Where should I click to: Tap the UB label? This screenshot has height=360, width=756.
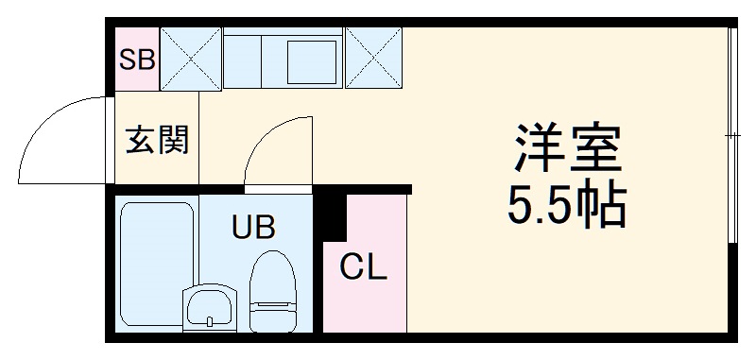tap(254, 227)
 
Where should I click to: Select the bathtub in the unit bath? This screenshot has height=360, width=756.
tap(157, 249)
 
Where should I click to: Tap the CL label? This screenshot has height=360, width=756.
tap(364, 270)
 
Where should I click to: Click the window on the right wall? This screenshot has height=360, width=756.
tap(733, 137)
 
